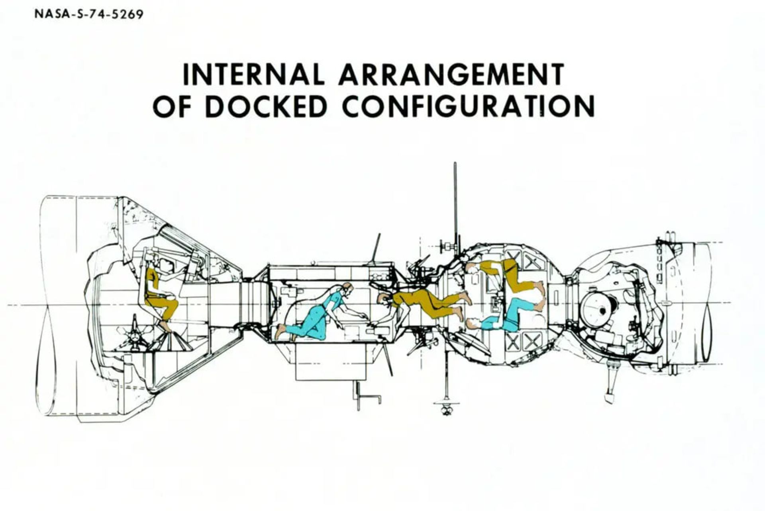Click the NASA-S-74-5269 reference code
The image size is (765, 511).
tap(88, 15)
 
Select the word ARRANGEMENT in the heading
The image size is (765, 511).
tap(451, 74)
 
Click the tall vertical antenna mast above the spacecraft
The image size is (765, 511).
tap(455, 199)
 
